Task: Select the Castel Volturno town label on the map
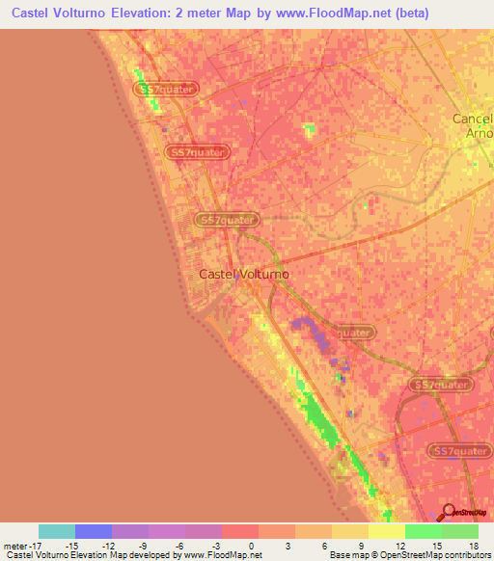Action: click(244, 274)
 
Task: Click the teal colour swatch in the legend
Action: click(57, 531)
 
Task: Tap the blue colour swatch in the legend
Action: click(94, 531)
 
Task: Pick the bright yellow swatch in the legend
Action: click(387, 531)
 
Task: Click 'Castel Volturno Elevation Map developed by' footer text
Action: click(91, 555)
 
